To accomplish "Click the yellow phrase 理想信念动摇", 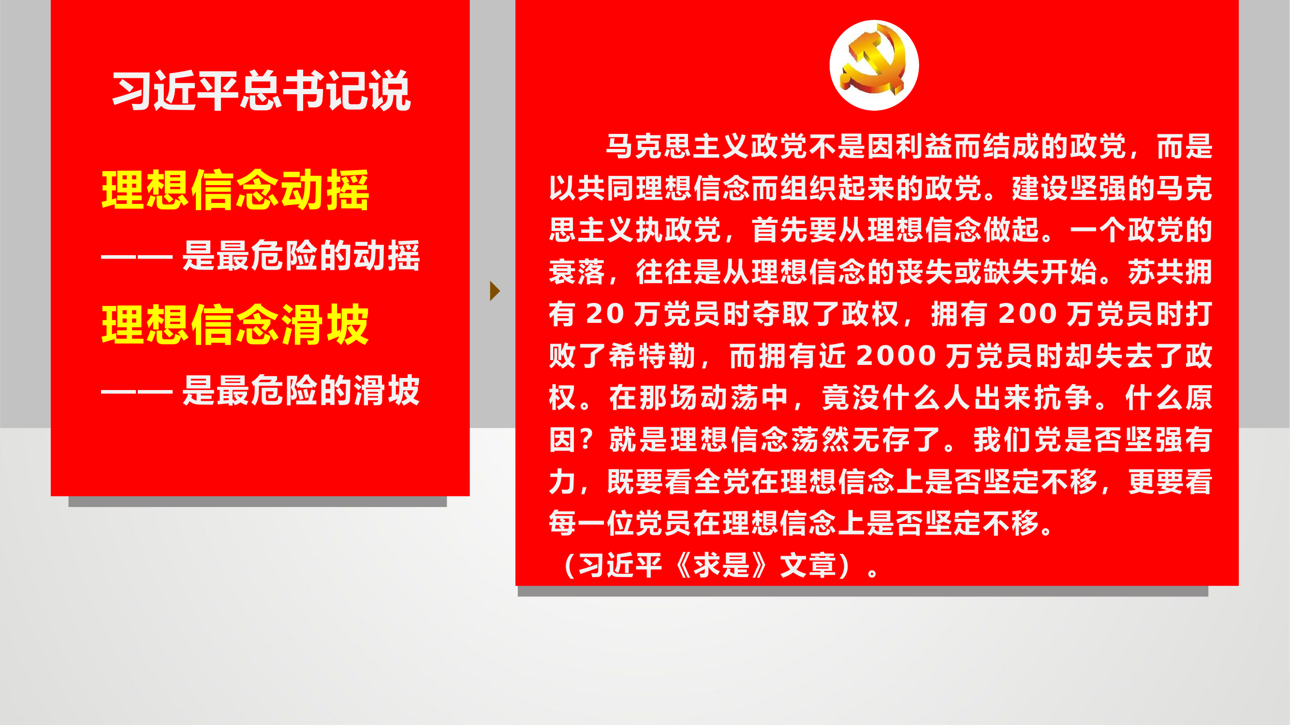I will coord(235,190).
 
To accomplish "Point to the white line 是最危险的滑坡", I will coord(300,390).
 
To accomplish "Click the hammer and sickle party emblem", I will coord(874,65).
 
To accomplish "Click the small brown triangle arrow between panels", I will coord(494,291).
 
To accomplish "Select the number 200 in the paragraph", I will coord(1027,314).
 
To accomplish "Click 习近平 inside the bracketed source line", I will coord(620,565).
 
